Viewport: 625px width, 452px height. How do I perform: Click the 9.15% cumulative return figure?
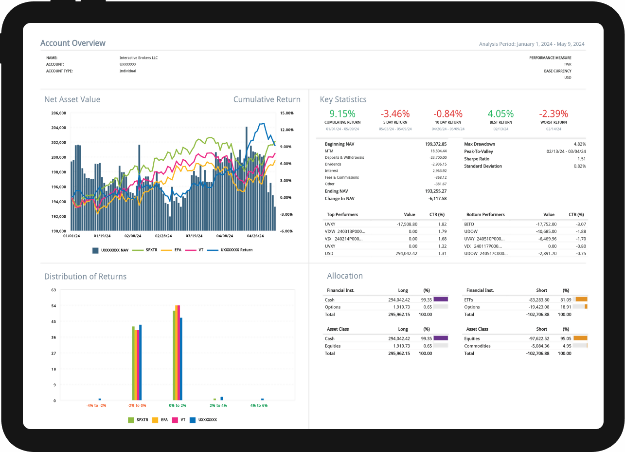[342, 114]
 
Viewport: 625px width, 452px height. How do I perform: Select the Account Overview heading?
[72, 43]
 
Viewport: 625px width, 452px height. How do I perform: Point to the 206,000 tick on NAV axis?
[58, 113]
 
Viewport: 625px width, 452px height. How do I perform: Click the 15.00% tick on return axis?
[286, 113]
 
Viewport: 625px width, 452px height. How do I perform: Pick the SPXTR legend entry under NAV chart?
[147, 250]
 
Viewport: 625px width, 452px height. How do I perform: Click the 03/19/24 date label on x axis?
[194, 236]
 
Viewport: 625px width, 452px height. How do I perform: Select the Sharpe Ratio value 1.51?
[581, 159]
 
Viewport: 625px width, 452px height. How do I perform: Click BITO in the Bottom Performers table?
[469, 224]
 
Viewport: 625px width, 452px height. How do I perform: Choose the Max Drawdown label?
[480, 144]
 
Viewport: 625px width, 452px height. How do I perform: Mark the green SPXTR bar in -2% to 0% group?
[133, 363]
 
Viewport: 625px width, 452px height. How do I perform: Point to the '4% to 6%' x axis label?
[259, 405]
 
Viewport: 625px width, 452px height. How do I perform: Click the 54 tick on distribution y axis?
[54, 306]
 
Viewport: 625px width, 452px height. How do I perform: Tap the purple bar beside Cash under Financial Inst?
[441, 300]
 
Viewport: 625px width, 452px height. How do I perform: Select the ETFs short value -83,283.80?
[539, 300]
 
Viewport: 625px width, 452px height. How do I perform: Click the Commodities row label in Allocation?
[478, 346]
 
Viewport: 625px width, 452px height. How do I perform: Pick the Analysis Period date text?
[532, 44]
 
